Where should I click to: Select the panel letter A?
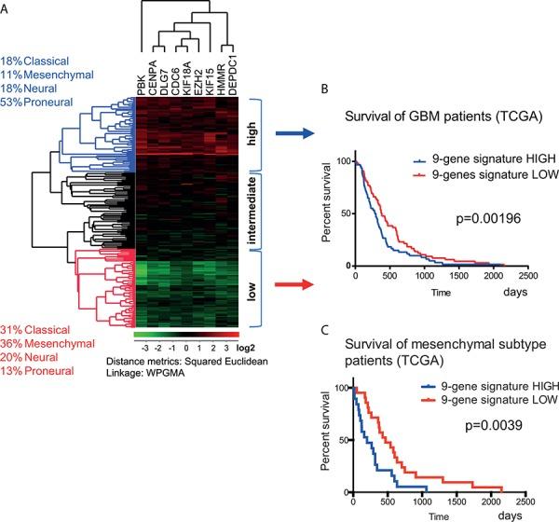pyautogui.click(x=7, y=8)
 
